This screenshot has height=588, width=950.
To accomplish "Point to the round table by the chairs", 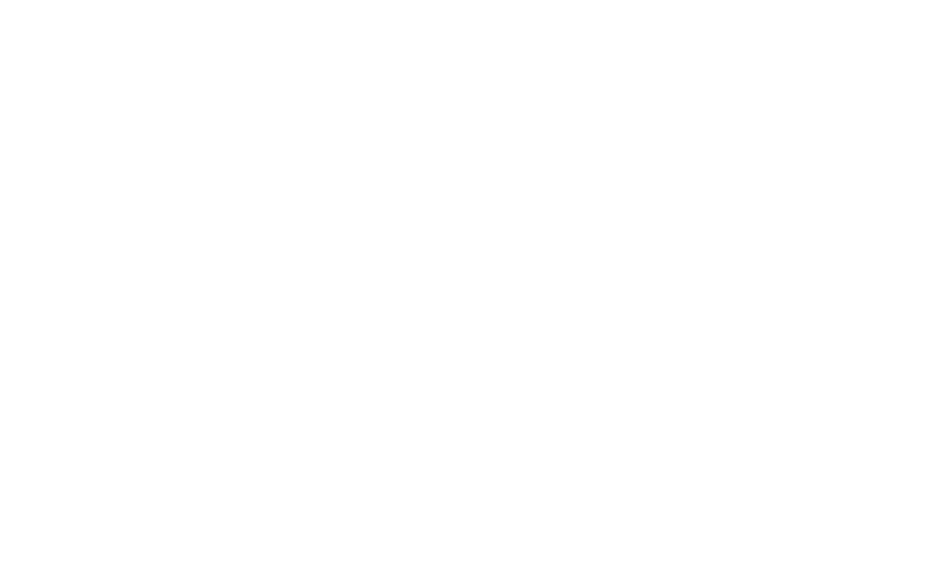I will click(424, 445).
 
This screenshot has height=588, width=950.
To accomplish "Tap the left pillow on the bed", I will click(647, 251).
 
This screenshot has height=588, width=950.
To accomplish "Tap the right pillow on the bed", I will click(736, 251).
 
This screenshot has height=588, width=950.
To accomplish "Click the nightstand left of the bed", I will click(578, 242).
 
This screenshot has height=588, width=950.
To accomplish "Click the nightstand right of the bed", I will click(805, 242).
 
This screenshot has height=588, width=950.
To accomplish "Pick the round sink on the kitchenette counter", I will click(493, 108).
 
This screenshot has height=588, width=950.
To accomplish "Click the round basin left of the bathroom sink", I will click(565, 104).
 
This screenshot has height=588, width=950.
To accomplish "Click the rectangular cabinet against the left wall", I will click(334, 291).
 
